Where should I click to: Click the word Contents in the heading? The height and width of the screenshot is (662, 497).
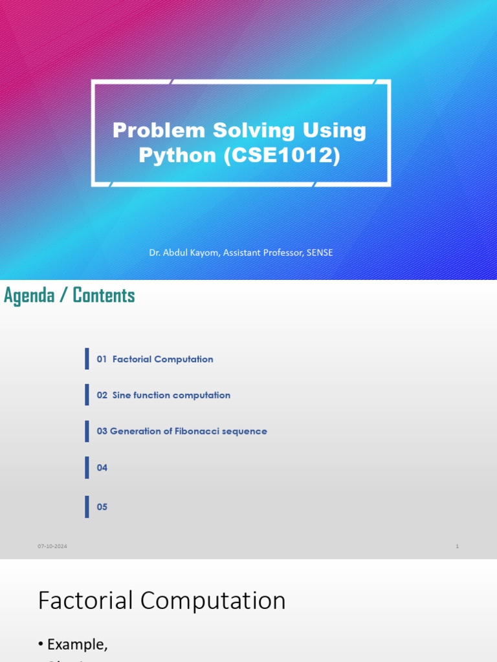[104, 295]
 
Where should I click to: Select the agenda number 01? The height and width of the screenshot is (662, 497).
[102, 359]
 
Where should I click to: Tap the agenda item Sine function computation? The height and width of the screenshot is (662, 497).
[171, 395]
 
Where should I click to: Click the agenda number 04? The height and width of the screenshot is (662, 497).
[102, 467]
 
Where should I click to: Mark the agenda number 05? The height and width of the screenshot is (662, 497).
[102, 507]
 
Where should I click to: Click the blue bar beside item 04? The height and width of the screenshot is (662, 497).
[87, 467]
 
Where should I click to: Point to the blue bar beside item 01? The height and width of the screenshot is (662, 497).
[87, 359]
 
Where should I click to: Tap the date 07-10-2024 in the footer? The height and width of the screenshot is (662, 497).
[52, 546]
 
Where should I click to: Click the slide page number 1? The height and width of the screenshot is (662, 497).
[457, 546]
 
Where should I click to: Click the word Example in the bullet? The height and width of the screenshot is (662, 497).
[77, 644]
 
